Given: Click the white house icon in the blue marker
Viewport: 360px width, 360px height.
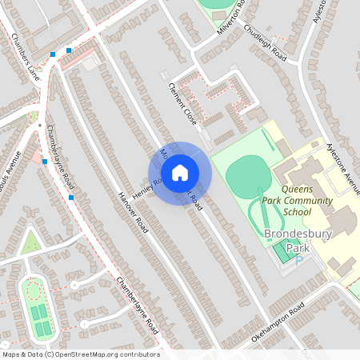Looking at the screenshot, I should pyautogui.click(x=179, y=172).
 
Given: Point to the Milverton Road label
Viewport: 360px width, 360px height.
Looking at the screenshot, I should pyautogui.click(x=234, y=18).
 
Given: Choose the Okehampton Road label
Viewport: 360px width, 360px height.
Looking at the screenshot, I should pyautogui.click(x=278, y=323).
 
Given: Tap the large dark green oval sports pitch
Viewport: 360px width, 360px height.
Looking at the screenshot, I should pyautogui.click(x=247, y=174).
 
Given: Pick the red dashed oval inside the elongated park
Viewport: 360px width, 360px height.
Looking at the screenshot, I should pyautogui.click(x=33, y=289).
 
